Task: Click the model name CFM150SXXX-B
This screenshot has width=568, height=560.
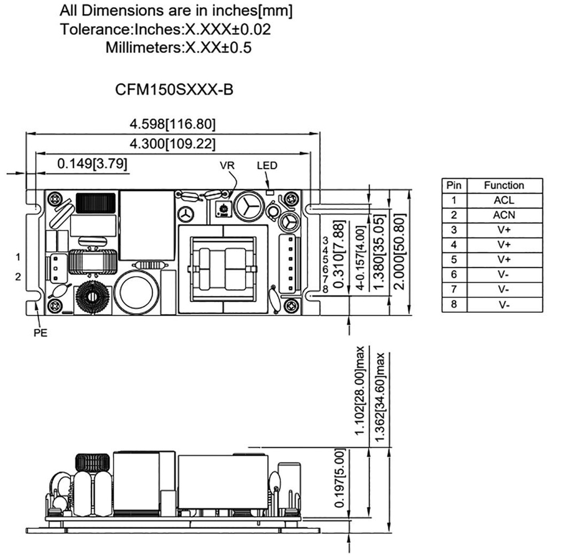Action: [x=174, y=90]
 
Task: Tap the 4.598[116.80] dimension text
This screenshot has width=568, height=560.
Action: [x=173, y=124]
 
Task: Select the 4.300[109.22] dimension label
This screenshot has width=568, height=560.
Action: [x=173, y=144]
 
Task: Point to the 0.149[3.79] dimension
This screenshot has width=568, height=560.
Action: [x=92, y=164]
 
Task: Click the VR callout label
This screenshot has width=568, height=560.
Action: [x=227, y=166]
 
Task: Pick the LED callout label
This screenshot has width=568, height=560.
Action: [x=267, y=165]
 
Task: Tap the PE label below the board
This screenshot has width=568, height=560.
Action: [x=40, y=333]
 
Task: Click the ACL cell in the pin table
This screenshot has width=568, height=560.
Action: [x=504, y=200]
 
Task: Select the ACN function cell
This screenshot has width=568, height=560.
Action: [x=504, y=215]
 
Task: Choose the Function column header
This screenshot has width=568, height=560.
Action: [x=504, y=185]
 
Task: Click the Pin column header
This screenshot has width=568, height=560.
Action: [x=454, y=185]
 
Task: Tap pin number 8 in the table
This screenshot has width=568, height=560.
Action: [x=454, y=304]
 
